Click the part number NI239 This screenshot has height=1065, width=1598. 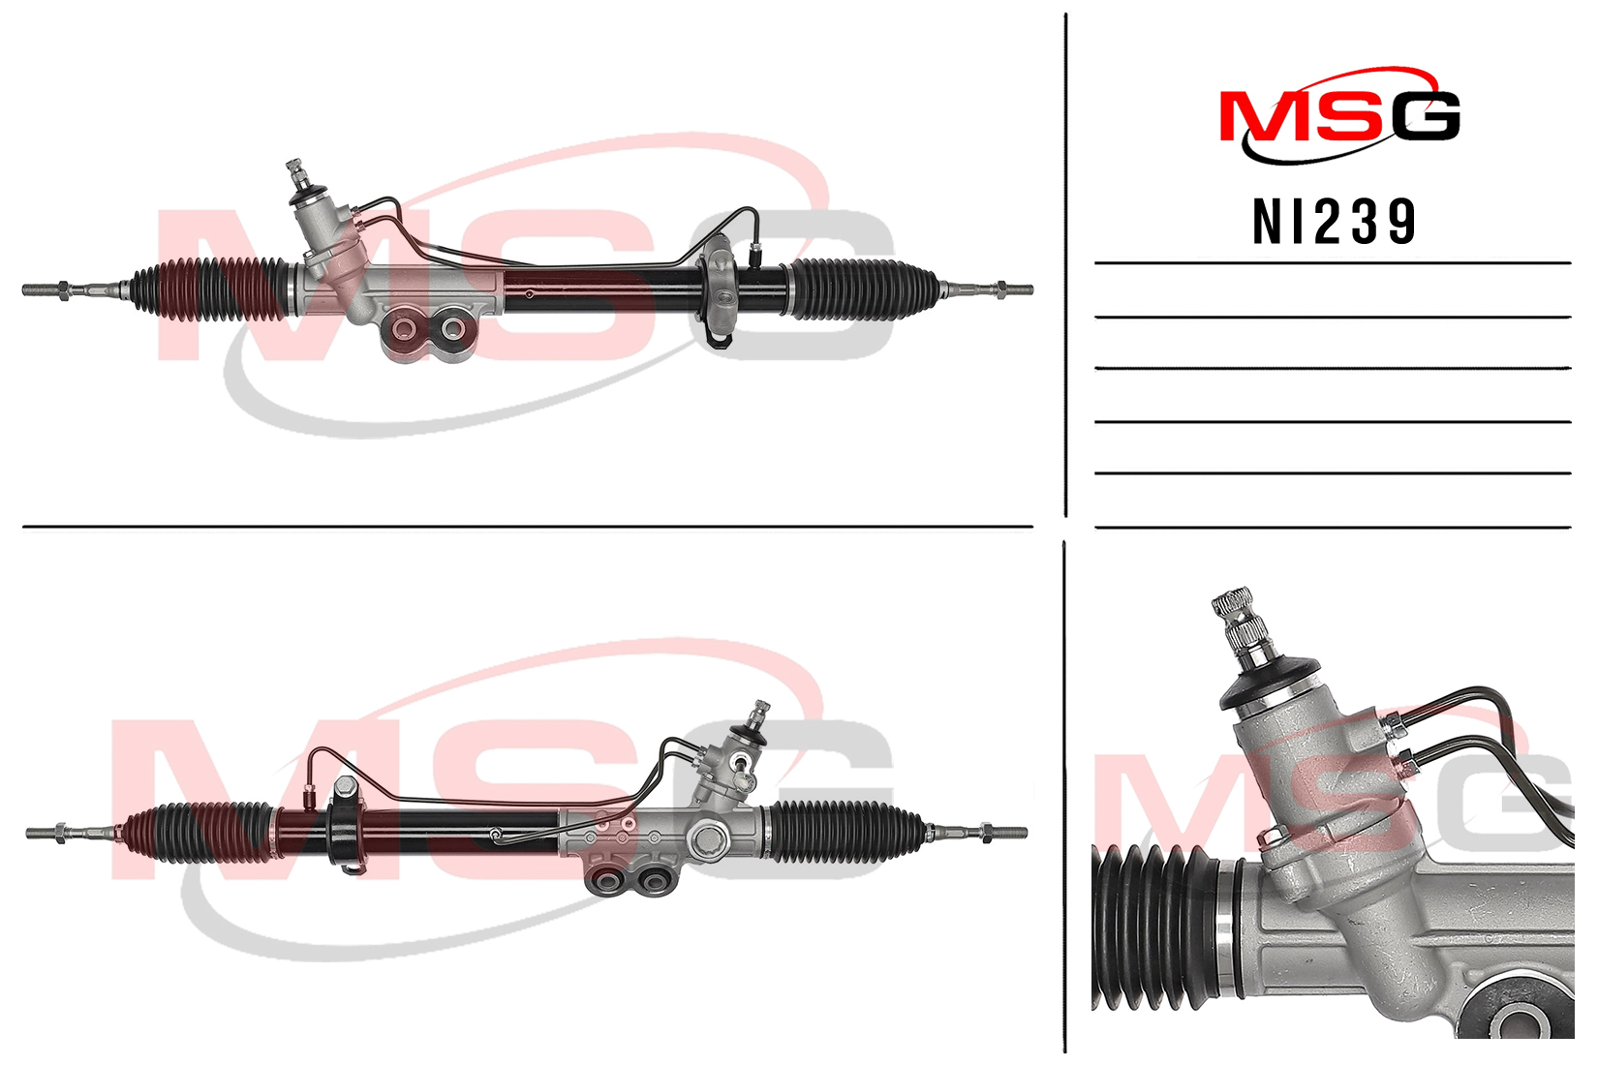pyautogui.click(x=1334, y=222)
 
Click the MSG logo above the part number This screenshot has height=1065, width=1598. pyautogui.click(x=1339, y=115)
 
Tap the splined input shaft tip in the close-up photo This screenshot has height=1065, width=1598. pyautogui.click(x=1234, y=609)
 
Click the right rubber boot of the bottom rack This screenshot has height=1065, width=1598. pyautogui.click(x=845, y=832)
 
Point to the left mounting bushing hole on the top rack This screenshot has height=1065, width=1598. pyautogui.click(x=406, y=329)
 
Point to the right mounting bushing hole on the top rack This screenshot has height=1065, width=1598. pyautogui.click(x=452, y=329)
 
